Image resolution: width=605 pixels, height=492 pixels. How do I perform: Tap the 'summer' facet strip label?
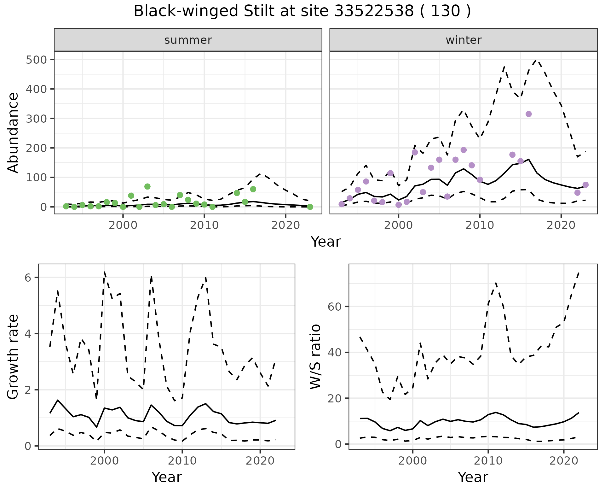[188, 40]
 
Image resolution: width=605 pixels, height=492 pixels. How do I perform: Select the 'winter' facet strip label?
[463, 40]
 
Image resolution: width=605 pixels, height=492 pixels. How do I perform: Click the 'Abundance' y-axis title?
[13, 132]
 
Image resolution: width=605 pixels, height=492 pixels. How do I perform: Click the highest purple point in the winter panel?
[529, 114]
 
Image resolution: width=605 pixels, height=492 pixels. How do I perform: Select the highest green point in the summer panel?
[147, 186]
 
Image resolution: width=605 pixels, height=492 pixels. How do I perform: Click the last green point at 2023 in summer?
[310, 207]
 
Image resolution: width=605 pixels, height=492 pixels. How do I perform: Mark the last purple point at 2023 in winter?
[585, 185]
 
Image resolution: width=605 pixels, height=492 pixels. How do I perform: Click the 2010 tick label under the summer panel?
[204, 225]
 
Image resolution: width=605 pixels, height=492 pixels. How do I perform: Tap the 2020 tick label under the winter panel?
[561, 225]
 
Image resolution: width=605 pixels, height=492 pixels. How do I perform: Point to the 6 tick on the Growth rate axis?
[28, 278]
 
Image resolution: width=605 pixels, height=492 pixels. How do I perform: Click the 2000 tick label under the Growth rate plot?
[104, 461]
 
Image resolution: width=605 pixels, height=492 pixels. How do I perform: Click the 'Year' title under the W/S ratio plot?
[473, 477]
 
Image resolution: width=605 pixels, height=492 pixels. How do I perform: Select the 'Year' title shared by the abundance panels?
[326, 242]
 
